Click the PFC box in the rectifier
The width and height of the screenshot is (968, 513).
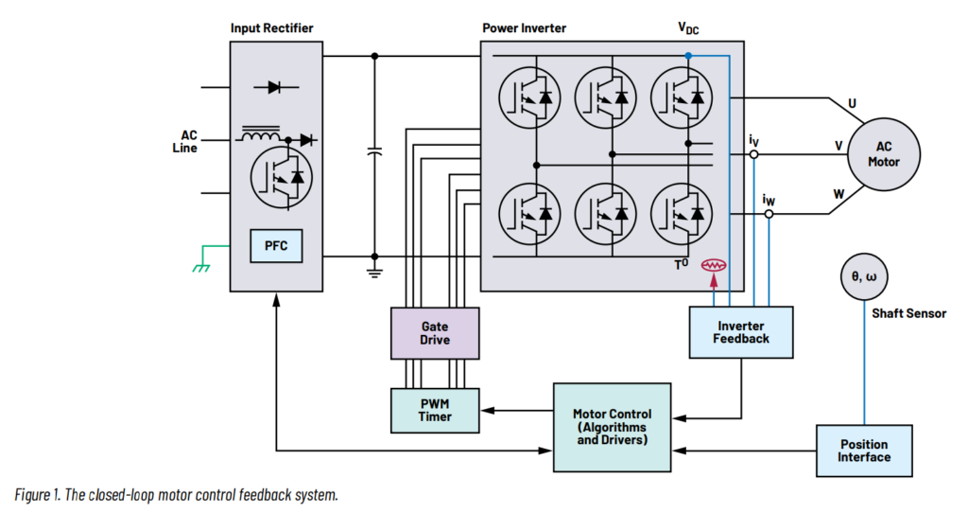pos(276,246)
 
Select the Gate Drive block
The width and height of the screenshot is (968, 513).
pos(435,332)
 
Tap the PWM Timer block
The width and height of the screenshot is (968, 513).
pos(435,410)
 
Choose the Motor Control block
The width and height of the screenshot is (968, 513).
pos(611,427)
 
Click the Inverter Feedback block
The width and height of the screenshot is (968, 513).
pos(741,332)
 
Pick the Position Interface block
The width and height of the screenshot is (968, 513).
pos(864,451)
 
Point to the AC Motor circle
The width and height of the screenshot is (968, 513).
pos(884,153)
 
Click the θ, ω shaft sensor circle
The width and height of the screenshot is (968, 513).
pos(864,276)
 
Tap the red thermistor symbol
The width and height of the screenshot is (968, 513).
pos(712,266)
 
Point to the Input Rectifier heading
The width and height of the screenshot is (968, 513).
pos(271,28)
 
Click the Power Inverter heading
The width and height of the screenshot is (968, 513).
pos(524,28)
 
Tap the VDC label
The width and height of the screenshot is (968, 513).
pos(688,30)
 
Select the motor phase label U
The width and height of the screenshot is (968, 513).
pos(853,102)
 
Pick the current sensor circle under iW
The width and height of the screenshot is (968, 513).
pos(769,215)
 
